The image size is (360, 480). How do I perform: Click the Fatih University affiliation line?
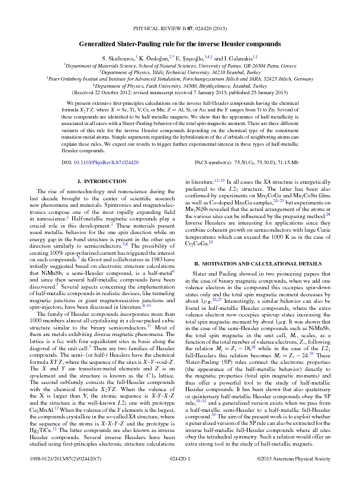click(180, 86)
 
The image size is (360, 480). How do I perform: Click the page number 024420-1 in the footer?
click(180, 458)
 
